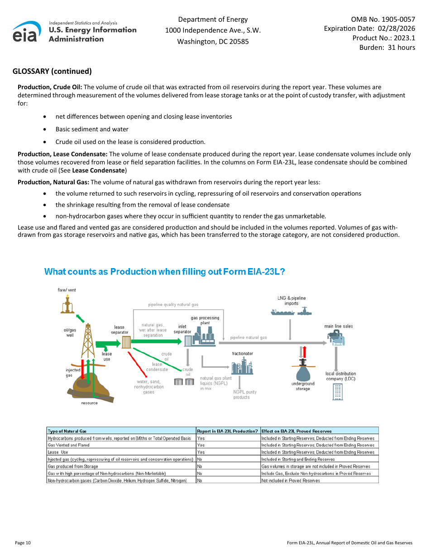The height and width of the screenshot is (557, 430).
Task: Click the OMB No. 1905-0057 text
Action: [383, 19]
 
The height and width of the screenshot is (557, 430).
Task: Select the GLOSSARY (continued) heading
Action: [52, 71]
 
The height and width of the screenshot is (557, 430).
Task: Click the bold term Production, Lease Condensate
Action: [62, 154]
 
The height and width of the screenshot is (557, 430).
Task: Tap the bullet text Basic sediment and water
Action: [92, 129]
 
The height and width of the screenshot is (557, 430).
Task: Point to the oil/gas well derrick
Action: [88, 341]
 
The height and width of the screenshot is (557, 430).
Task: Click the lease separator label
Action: [119, 330]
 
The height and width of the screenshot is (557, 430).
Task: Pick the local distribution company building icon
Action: [338, 392]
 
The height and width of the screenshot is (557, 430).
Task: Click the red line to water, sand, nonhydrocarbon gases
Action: [137, 363]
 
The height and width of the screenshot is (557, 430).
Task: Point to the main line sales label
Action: [339, 326]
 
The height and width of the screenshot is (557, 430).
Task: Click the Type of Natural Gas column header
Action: [67, 431]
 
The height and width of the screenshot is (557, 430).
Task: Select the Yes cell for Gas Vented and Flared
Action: [201, 445]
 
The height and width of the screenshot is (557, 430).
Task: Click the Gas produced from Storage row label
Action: [73, 466]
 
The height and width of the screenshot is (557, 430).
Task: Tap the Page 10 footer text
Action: [23, 543]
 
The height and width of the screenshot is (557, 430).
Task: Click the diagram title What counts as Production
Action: [164, 272]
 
